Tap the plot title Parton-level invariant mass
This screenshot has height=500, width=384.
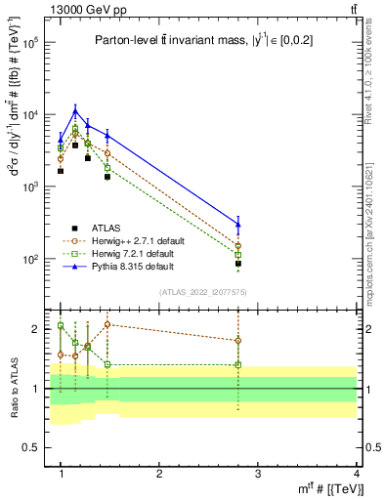pyautogui.click(x=204, y=40)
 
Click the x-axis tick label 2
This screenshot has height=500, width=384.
pyautogui.click(x=159, y=473)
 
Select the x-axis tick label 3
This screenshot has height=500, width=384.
pyautogui.click(x=257, y=473)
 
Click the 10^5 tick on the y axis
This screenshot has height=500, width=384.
pyautogui.click(x=28, y=43)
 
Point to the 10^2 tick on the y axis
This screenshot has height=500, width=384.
pyautogui.click(x=28, y=260)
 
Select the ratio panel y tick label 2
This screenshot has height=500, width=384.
pyautogui.click(x=33, y=329)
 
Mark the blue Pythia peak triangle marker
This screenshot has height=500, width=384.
pyautogui.click(x=75, y=110)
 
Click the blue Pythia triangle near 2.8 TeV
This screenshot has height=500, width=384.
pyautogui.click(x=238, y=225)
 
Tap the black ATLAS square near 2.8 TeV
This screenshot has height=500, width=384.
pyautogui.click(x=238, y=264)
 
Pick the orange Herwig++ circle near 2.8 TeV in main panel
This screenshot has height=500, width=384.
pyautogui.click(x=238, y=246)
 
